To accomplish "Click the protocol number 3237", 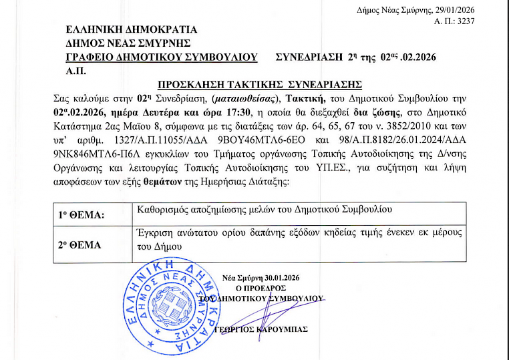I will click(464, 22).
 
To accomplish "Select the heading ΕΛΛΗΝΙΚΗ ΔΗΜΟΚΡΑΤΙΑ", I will click(132, 29).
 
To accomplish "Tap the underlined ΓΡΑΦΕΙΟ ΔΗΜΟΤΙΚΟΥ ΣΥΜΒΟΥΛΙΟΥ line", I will click(162, 57).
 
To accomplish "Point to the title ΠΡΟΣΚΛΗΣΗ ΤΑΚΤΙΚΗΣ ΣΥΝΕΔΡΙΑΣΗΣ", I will click(259, 85).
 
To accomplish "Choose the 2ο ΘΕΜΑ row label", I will click(79, 244).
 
